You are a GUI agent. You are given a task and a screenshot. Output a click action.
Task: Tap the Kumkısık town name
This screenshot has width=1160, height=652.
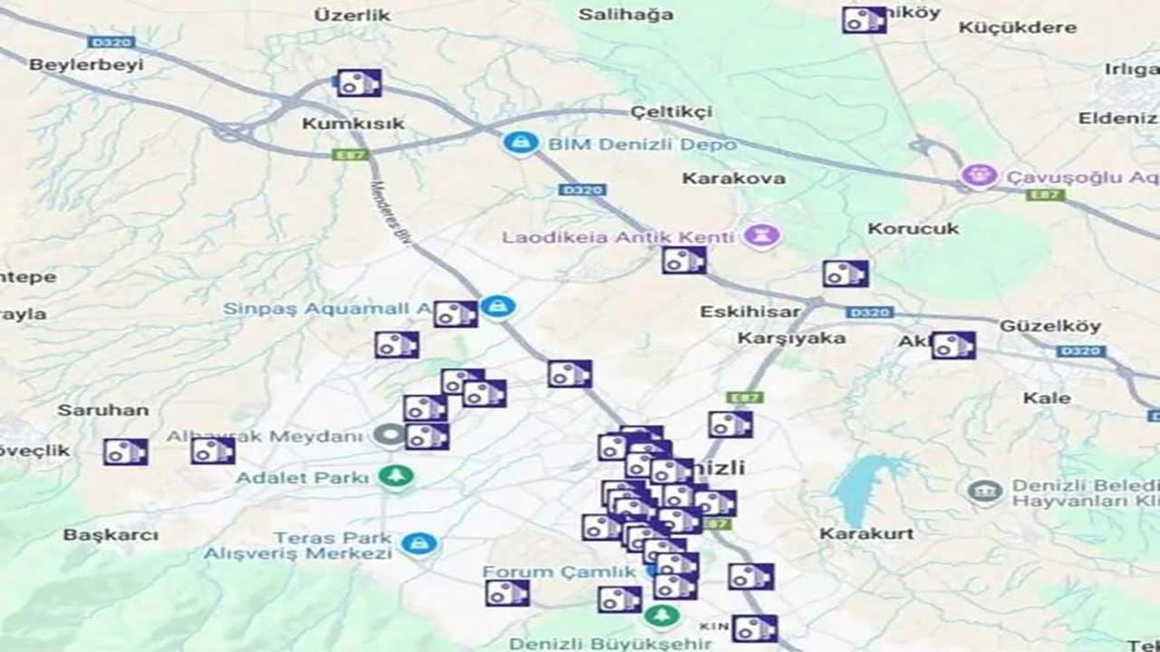[x=353, y=123]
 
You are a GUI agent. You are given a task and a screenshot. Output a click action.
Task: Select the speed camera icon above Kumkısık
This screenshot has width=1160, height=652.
[x=359, y=83]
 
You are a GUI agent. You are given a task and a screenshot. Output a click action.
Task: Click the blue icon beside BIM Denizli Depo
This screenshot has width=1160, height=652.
[x=520, y=143]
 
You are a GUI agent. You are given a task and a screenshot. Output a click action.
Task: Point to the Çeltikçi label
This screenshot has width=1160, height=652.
[x=671, y=112]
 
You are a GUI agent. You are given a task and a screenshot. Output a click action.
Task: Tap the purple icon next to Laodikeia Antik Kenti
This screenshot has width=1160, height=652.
[x=761, y=237]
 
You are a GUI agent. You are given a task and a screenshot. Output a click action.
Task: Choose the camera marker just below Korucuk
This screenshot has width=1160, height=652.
[x=846, y=273]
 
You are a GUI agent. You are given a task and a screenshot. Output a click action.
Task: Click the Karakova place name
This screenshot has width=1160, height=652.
[x=733, y=178]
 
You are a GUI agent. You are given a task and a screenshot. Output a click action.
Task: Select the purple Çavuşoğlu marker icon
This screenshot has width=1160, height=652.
[x=979, y=176]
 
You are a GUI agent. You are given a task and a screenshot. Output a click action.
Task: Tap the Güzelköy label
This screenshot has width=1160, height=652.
[x=1049, y=326]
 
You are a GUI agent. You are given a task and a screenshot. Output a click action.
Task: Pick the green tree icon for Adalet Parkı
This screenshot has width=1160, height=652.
[x=395, y=476]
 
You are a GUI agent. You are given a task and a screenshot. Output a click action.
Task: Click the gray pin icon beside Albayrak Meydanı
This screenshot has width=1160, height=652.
[x=389, y=436]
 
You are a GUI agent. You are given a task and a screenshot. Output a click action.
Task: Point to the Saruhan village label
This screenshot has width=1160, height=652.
[x=102, y=410]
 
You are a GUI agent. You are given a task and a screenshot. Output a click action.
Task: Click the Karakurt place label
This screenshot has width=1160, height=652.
[x=866, y=533]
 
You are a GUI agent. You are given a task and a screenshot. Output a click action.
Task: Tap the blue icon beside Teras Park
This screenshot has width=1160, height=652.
[x=418, y=543]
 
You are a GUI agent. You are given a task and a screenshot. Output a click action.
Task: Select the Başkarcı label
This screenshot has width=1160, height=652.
[x=110, y=535]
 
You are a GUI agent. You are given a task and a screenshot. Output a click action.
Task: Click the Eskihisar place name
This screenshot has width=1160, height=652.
[x=749, y=312]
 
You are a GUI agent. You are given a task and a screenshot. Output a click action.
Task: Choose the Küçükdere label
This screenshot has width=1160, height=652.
[x=1018, y=27]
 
